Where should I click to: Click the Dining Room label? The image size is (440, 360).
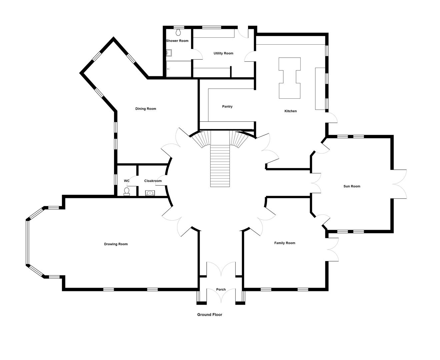pos(146,109)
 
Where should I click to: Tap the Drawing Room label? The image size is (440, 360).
pos(116,244)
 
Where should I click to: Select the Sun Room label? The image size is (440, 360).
pos(352,186)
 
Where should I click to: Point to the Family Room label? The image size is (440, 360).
pos(285,243)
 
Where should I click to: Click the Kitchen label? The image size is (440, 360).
pos(290,111)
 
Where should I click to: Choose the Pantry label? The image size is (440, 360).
pos(227,106)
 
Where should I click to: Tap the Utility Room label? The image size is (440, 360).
pos(223,53)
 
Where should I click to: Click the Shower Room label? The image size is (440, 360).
pos(177,41)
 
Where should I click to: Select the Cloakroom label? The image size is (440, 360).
pos(153,181)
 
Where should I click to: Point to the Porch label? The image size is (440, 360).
pos(221,289)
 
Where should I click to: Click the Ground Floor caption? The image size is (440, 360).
pos(210,315)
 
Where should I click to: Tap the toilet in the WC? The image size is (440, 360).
pos(127,192)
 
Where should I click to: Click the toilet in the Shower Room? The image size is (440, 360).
pos(178,32)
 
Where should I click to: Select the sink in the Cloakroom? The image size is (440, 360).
pos(150,193)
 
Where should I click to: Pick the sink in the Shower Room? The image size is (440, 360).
pos(169,53)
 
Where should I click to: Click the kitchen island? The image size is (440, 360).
pos(290,78)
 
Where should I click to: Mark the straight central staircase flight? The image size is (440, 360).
pos(220,166)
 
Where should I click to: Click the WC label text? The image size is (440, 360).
pos(127,181)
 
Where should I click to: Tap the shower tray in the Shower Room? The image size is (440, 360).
pos(179,69)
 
